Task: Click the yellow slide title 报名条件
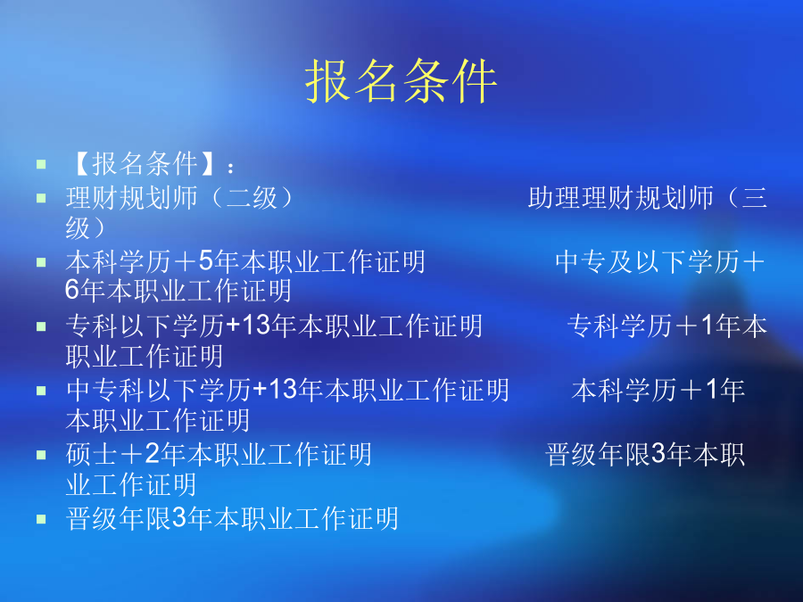[401, 81]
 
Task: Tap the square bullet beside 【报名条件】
[41, 165]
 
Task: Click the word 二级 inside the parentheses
[252, 198]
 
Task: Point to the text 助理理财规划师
[621, 198]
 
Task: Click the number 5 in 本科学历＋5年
[206, 261]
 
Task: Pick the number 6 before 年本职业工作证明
[72, 290]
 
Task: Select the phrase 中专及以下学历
[648, 261]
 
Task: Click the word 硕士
[92, 454]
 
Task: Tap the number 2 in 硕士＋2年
[152, 454]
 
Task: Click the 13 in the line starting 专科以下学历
[255, 325]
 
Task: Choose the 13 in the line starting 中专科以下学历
[283, 390]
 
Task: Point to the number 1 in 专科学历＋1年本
[708, 325]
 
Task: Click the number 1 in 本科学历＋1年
[712, 390]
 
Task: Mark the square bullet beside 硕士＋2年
[41, 455]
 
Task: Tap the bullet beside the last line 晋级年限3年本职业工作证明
[41, 519]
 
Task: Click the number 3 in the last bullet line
[179, 517]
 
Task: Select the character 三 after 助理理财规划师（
[754, 198]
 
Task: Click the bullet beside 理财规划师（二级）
[41, 198]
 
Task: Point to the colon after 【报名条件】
[231, 168]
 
